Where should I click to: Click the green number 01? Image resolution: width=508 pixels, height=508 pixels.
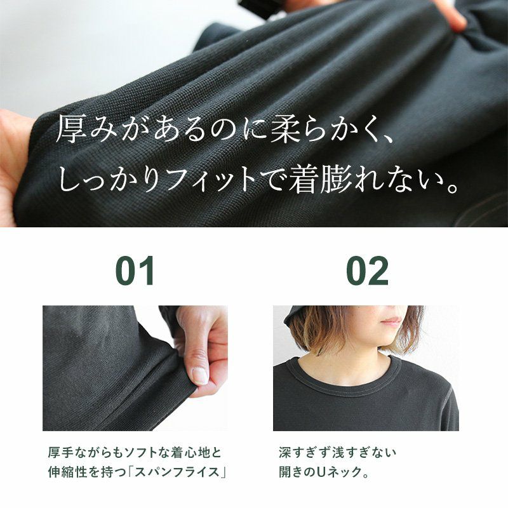135,271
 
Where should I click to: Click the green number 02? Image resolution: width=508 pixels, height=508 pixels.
367,271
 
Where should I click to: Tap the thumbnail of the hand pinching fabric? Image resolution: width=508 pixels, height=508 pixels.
135,368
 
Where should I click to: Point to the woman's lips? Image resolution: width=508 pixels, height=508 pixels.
393,321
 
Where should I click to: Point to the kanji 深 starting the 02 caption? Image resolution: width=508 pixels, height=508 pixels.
285,452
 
